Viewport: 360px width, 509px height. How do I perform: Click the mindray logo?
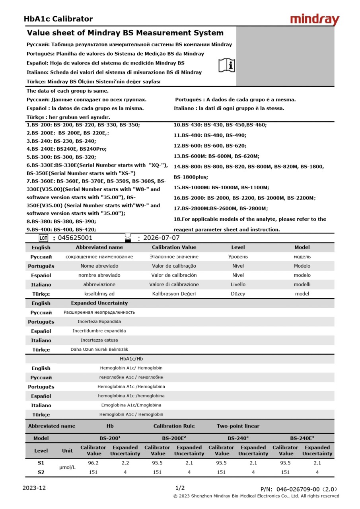coord(314,19)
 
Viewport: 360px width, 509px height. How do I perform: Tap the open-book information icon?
coord(227,65)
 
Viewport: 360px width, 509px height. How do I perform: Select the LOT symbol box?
coord(43,238)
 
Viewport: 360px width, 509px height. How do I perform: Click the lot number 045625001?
coord(75,238)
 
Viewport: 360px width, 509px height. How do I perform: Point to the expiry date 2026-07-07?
coord(162,238)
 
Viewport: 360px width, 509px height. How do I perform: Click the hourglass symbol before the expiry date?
coord(128,238)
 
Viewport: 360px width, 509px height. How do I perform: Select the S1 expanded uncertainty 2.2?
coord(125,463)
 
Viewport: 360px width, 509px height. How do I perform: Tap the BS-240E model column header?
coord(302,438)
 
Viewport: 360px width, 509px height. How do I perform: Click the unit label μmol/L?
coord(67,467)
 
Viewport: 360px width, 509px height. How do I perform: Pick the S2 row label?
coord(41,472)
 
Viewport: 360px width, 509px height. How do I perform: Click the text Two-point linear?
coord(238,426)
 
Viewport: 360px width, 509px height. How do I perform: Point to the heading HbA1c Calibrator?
coord(58,19)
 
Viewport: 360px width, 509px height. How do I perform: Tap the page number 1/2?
coord(180,488)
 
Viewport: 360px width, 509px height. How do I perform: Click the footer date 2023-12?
coord(34,488)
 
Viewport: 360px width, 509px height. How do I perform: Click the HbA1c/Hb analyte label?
coord(131,359)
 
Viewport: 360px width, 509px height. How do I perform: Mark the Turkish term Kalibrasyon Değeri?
coord(174,294)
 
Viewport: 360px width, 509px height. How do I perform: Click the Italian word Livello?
coord(238,284)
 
